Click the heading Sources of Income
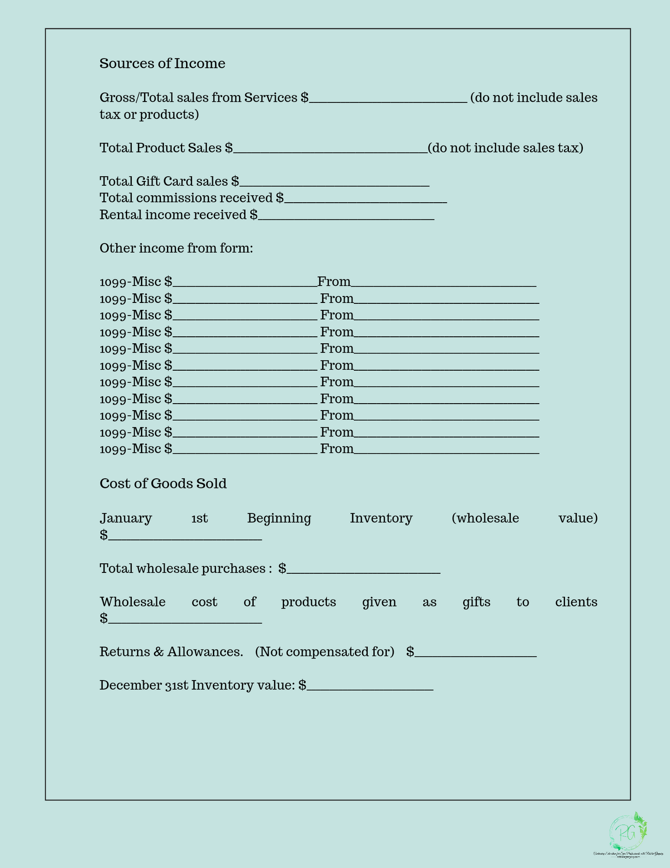tap(162, 64)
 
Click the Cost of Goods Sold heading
tap(163, 484)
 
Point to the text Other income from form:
tap(176, 249)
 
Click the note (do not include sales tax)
tap(505, 148)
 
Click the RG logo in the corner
tap(628, 833)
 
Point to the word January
tap(126, 518)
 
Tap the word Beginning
tap(279, 518)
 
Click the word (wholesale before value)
tap(485, 518)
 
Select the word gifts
tap(476, 602)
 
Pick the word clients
tap(576, 602)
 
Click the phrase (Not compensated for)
tap(325, 652)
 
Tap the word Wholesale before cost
tap(133, 602)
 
